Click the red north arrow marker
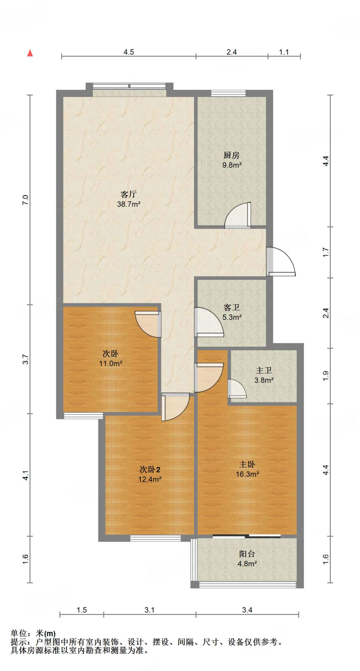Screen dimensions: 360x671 coord(30,53)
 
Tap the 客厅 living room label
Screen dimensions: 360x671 coord(129,194)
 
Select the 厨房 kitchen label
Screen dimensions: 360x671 coord(231,155)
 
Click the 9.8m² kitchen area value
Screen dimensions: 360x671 coord(232,165)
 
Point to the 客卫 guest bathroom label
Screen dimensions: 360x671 coord(231,307)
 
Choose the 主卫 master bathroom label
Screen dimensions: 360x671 coord(264,370)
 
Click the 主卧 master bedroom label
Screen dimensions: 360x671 coord(247,464)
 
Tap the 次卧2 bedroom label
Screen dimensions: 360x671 coord(150,470)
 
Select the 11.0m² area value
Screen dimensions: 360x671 coord(110,363)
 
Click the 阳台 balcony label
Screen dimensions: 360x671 coord(247,554)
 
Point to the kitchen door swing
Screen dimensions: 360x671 coord(238,215)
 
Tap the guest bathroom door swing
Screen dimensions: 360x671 coord(209,322)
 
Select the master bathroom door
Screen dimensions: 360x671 coord(237,389)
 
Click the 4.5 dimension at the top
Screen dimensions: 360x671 coord(129,52)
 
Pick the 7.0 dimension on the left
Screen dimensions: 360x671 coord(26,200)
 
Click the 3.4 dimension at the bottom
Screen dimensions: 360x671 coord(247,610)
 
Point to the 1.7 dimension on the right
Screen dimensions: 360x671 coord(326,252)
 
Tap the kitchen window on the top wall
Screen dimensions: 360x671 coord(228,93)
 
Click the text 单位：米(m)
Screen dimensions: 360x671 coord(33,634)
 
